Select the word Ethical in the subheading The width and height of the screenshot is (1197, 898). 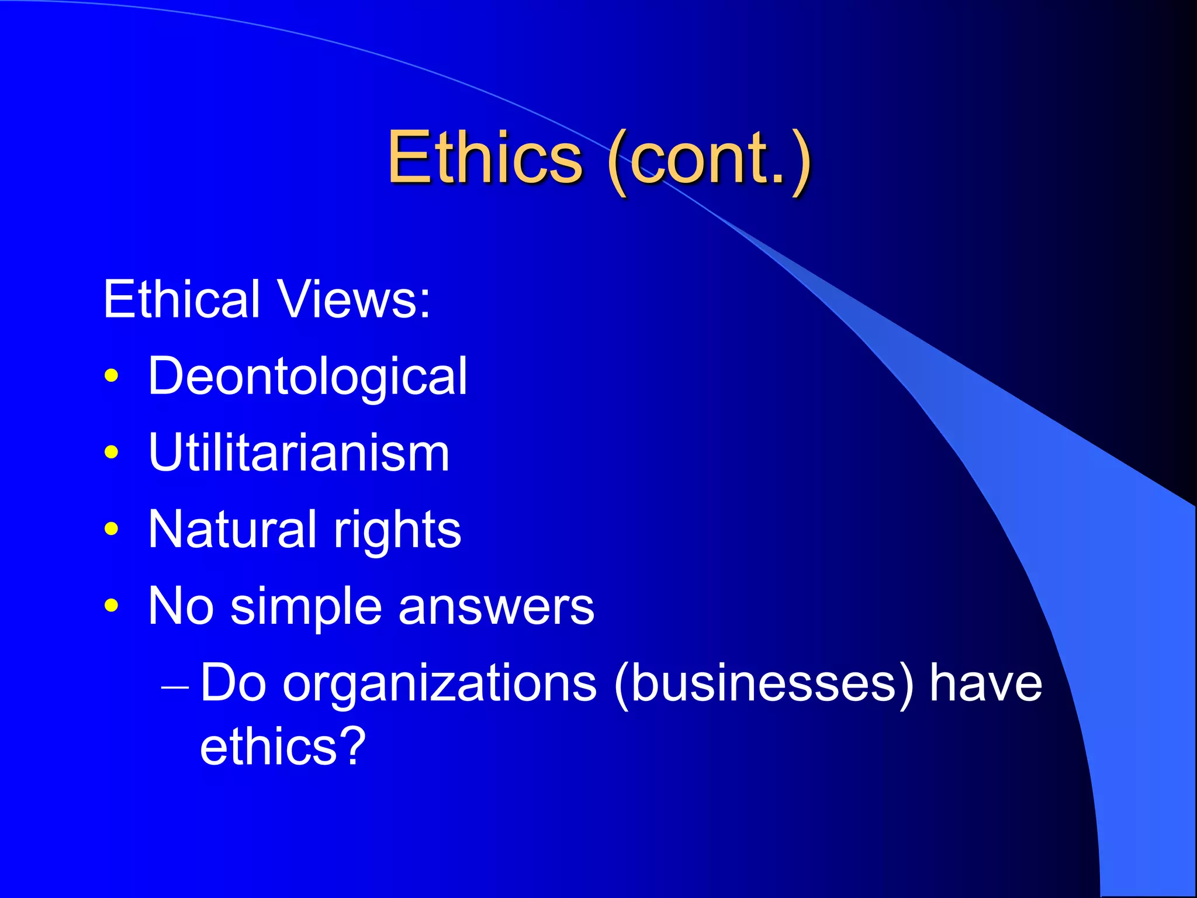point(181,299)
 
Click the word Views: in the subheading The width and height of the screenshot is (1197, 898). point(354,299)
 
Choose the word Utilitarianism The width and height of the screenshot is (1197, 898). point(299,453)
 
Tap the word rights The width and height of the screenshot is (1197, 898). point(397,531)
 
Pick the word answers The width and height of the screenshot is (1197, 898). point(496,607)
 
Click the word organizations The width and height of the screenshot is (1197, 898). point(440,684)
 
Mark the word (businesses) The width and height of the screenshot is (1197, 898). point(763,684)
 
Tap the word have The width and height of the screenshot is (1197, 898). point(985,684)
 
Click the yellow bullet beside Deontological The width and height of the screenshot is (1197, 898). point(111,375)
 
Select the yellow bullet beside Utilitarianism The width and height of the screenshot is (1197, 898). point(111,452)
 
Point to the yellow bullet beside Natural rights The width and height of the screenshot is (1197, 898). point(111,529)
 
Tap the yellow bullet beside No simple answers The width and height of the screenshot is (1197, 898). point(111,605)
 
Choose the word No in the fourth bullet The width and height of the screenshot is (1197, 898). point(181,607)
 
